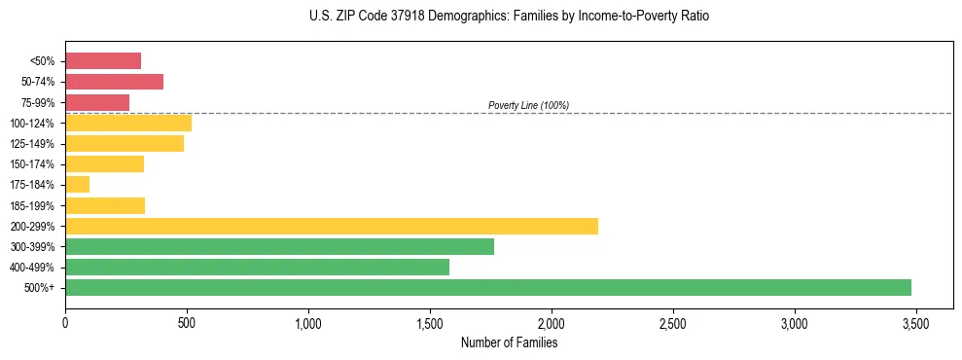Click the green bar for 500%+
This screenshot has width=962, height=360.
pos(487,288)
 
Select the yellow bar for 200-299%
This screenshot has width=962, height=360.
pos(331,226)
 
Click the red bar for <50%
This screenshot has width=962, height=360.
pos(103,61)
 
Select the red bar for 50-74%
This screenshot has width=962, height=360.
pos(114,82)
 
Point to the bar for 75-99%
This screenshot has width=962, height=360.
pos(97,102)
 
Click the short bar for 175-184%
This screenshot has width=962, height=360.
pos(78,185)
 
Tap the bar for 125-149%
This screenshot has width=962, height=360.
pos(125,144)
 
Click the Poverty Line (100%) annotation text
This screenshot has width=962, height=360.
pos(528,105)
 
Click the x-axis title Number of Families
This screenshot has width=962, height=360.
pos(509,342)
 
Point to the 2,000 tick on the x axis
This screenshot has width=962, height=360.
pos(552,323)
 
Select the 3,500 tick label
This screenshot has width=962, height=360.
pos(916,323)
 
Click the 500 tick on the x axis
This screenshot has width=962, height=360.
pos(187,323)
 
